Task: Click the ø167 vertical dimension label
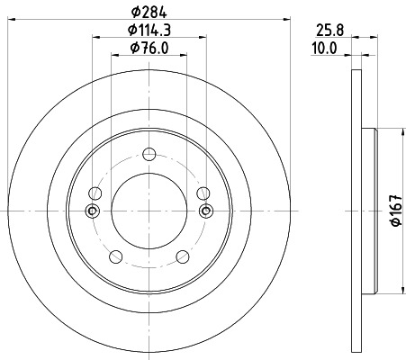click(394, 212)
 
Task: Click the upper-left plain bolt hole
click(95, 192)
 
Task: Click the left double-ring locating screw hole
click(90, 211)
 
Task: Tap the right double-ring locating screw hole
click(206, 211)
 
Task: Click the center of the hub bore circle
click(148, 212)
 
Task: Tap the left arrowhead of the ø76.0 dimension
click(114, 57)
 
